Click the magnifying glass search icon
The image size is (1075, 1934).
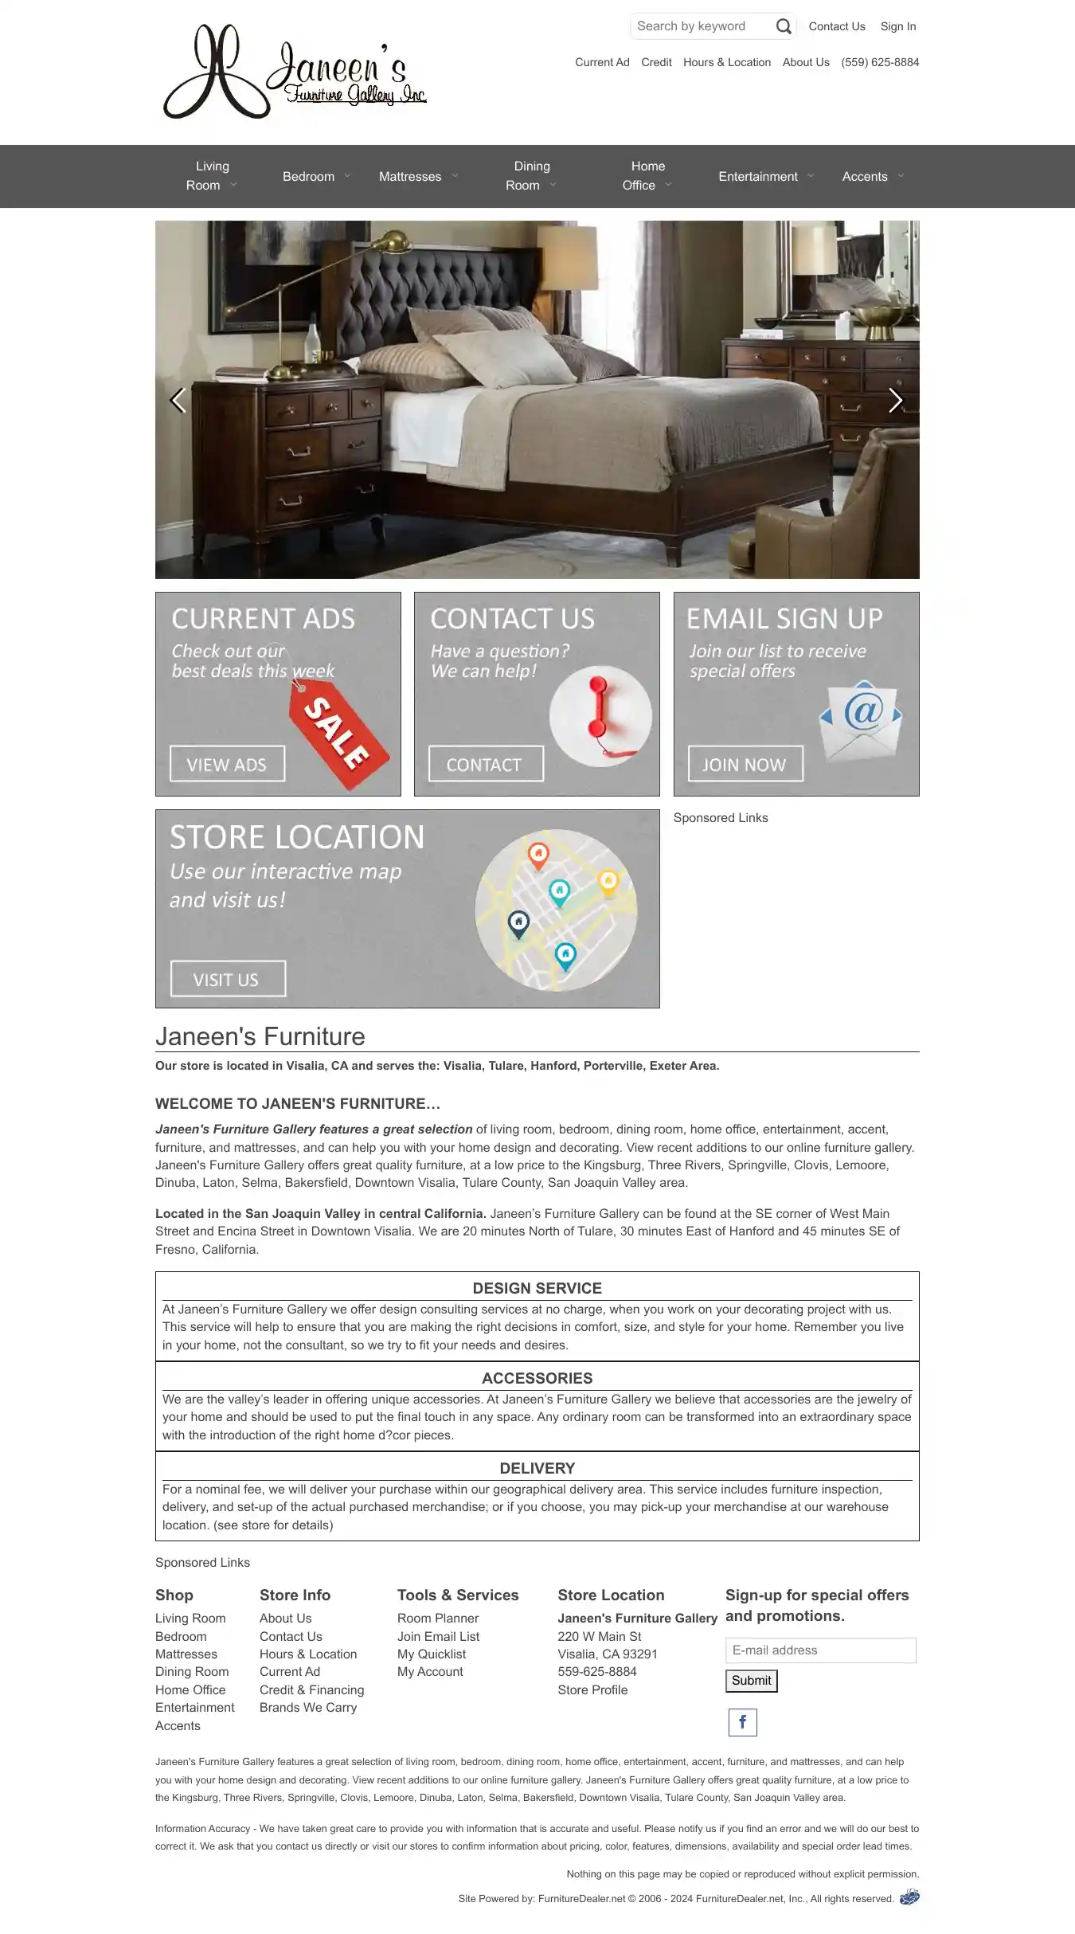coord(784,26)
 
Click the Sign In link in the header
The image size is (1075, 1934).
coord(897,26)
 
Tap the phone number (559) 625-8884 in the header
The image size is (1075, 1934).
coord(880,62)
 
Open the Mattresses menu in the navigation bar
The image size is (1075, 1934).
coord(410,177)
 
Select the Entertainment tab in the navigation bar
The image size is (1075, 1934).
coord(757,177)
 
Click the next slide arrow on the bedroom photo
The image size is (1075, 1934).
coord(895,401)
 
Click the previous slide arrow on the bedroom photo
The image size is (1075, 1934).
coord(178,401)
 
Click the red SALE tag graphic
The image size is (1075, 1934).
coord(339,737)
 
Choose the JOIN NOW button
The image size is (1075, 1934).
coord(745,765)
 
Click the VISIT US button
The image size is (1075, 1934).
coord(228,979)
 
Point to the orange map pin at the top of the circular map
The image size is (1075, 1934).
coord(538,855)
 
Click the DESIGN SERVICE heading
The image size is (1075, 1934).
coord(537,1288)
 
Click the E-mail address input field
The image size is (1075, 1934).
coord(820,1650)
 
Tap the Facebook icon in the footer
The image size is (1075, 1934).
coord(742,1722)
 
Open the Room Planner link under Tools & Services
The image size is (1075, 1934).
coord(438,1619)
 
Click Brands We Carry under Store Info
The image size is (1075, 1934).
coord(308,1708)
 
